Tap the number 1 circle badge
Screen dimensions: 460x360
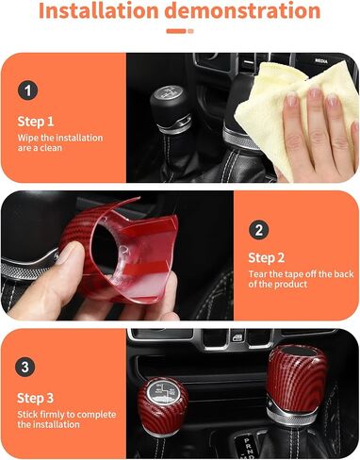[28, 91]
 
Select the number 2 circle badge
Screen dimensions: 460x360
[258, 229]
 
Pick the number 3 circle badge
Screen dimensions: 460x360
[28, 367]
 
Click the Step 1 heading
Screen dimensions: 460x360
[37, 122]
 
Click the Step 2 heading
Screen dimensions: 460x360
[267, 257]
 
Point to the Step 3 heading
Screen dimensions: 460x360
[37, 396]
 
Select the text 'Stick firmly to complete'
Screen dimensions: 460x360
[63, 414]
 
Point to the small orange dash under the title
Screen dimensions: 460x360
[176, 31]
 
